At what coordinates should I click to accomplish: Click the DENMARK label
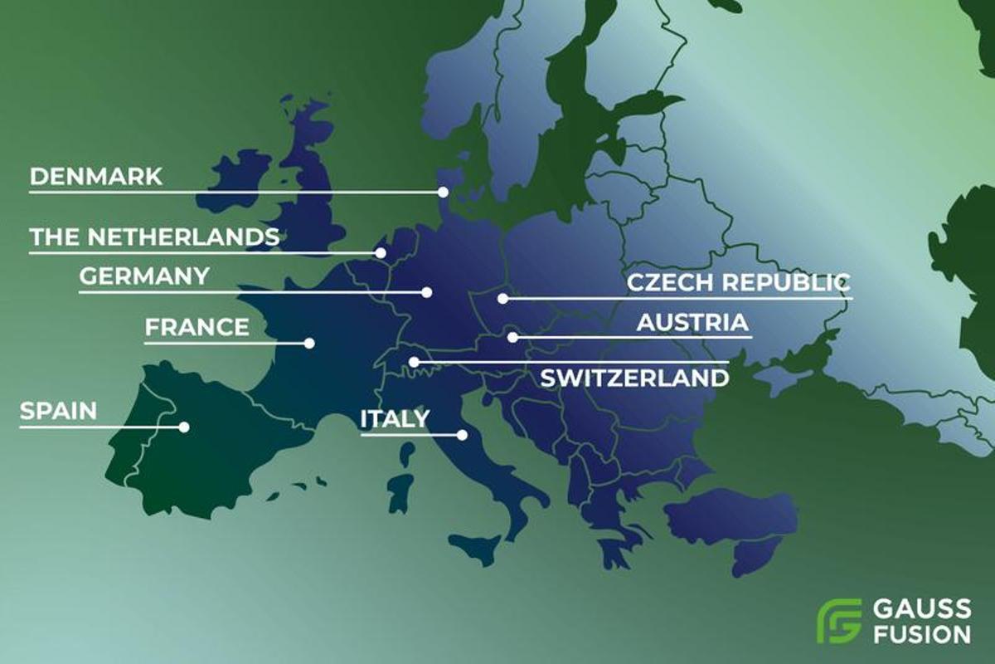(95, 177)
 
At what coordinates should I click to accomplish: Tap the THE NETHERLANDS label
(154, 237)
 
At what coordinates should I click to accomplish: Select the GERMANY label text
(144, 276)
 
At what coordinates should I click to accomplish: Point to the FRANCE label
(197, 327)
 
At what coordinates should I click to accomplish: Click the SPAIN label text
(58, 411)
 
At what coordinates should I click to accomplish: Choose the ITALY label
(394, 419)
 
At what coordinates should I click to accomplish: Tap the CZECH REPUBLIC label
(738, 282)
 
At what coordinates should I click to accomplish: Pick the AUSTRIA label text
(692, 322)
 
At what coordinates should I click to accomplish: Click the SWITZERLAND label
(634, 378)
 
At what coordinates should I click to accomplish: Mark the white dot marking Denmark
(443, 192)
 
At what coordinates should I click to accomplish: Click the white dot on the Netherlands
(381, 253)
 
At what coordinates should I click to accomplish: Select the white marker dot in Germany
(427, 292)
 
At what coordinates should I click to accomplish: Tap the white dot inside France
(309, 342)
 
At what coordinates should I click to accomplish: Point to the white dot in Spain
(184, 427)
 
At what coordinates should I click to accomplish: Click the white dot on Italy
(462, 434)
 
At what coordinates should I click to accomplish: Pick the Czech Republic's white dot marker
(502, 298)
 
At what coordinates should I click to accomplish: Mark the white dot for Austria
(513, 337)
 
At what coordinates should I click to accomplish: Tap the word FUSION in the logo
(921, 633)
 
